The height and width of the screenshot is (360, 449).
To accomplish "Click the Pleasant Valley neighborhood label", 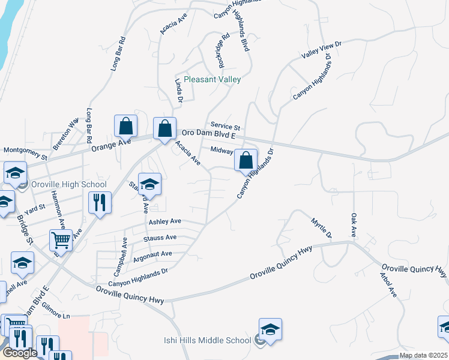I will (212, 79).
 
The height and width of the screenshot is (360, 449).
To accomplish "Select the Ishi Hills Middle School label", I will (207, 340).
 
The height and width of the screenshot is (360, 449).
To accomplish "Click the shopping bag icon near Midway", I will (246, 160).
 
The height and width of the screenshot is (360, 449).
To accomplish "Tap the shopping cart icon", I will (61, 241).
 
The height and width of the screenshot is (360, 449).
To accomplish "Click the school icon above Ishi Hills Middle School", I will (270, 329).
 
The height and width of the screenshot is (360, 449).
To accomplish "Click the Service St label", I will (225, 127).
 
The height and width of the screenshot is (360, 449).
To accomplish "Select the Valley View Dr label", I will (321, 50).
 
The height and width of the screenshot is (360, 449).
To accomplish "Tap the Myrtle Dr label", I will (321, 229).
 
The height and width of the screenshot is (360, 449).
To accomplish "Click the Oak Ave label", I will (354, 223).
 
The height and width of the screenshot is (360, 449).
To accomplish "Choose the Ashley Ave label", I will (164, 221).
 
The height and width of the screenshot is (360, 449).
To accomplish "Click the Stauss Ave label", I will (160, 238).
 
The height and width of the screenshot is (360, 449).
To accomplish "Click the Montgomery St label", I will (25, 150).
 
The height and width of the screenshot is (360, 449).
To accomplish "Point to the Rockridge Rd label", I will (223, 49).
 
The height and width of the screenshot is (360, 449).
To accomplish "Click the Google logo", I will (19, 353).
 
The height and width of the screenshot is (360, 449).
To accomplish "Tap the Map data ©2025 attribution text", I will (423, 355).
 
